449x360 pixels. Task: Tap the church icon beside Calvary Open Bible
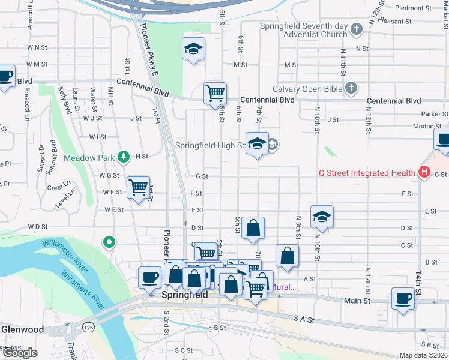(x=352, y=89)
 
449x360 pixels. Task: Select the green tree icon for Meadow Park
(x=124, y=157)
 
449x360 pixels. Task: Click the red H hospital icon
(x=424, y=173)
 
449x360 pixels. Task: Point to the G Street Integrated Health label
(x=367, y=173)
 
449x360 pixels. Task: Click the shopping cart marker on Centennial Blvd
(x=215, y=94)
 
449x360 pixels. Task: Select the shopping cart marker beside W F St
(x=139, y=188)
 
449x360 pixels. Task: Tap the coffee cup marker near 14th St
(x=443, y=142)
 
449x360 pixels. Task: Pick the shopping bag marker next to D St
(x=253, y=229)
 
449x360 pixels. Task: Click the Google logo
(x=20, y=353)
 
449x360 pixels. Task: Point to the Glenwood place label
(x=22, y=329)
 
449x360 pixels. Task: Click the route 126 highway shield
(x=88, y=327)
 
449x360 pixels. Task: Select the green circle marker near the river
(x=109, y=242)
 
